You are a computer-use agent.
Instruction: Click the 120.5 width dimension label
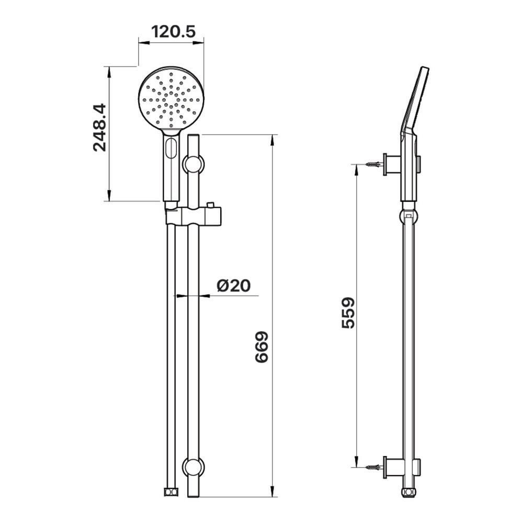(173, 32)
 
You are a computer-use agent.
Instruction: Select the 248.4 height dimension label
(99, 128)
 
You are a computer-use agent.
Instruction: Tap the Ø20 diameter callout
(233, 286)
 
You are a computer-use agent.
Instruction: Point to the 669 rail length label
(261, 347)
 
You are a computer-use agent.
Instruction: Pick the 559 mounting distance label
(348, 313)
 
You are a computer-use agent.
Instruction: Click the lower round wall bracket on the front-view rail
(194, 468)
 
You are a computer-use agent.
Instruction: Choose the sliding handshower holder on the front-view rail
(194, 217)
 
